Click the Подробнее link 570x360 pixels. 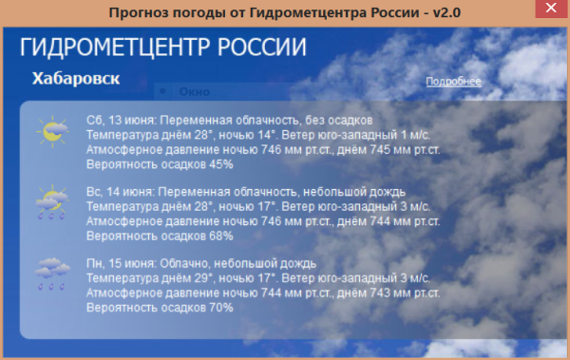(453, 82)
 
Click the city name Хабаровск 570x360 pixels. (76, 79)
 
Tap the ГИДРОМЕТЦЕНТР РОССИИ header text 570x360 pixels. (162, 48)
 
